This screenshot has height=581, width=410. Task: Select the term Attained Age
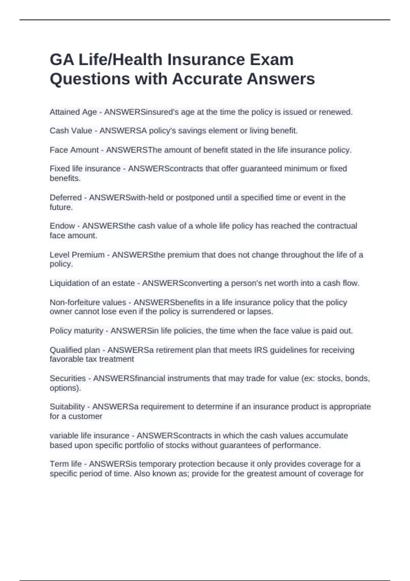73,112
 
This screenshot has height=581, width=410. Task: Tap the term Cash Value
71,131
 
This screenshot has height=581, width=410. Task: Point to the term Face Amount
74,150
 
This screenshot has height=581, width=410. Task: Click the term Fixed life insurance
85,169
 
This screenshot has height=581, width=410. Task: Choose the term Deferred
66,198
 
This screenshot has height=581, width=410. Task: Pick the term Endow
62,226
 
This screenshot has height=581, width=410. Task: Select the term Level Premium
77,255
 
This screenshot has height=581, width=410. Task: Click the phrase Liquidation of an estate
92,283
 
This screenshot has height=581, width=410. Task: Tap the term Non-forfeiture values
88,302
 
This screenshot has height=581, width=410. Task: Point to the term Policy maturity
76,331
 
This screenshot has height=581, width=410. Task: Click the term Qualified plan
75,350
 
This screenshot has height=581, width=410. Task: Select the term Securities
68,378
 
